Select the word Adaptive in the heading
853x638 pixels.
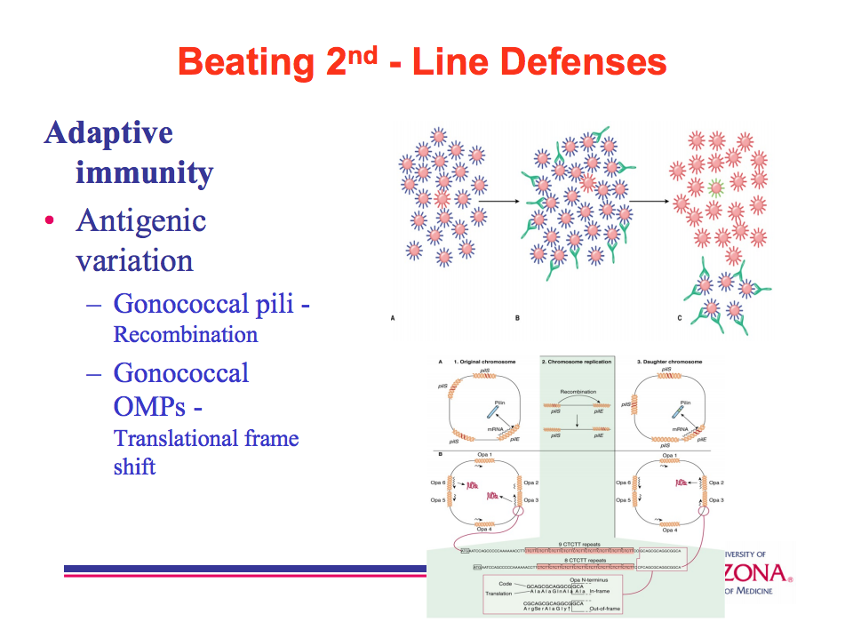pyautogui.click(x=108, y=132)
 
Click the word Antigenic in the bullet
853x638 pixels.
pyautogui.click(x=141, y=219)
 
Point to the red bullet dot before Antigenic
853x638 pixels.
pyautogui.click(x=50, y=221)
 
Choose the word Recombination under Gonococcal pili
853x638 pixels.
pyautogui.click(x=185, y=335)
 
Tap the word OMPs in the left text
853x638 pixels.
pyautogui.click(x=150, y=406)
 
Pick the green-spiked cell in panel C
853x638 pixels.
pyautogui.click(x=716, y=187)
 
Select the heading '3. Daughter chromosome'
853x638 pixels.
pyautogui.click(x=669, y=363)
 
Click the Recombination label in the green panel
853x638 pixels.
pyautogui.click(x=578, y=391)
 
